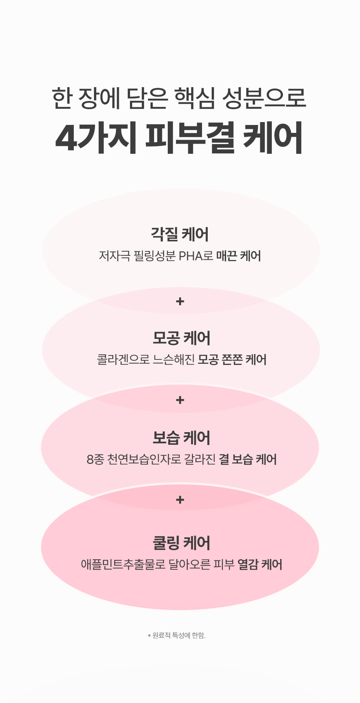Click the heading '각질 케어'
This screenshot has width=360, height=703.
pos(180,234)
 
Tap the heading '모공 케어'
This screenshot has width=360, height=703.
pos(181,338)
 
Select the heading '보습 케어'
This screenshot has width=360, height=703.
pos(181,438)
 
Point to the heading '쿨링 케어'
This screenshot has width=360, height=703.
pos(181,543)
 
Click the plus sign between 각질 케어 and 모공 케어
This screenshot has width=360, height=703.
pos(180,301)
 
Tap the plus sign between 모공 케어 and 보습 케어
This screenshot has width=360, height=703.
pos(180,400)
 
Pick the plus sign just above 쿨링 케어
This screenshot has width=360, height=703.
pos(180,500)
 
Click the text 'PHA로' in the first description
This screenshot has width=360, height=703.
pos(196,256)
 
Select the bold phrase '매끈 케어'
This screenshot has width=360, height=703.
pos(239,256)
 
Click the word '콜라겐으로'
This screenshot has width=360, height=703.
pos(123,359)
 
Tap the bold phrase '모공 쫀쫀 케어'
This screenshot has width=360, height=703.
pos(232,359)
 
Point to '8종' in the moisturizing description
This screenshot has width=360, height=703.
pos(95,460)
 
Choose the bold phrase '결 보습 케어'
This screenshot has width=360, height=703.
pos(248,460)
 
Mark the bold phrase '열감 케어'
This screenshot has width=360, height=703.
pos(260,564)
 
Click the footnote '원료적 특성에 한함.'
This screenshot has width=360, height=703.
pos(179,636)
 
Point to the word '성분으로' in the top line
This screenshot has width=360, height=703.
pos(264,98)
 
